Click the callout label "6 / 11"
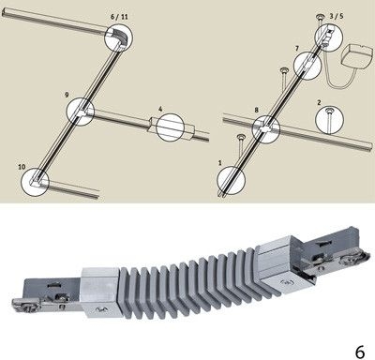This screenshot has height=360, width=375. [x=119, y=17]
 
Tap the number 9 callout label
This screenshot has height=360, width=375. [x=67, y=95]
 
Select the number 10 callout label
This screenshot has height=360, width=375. [x=22, y=167]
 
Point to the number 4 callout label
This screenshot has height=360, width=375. [x=160, y=109]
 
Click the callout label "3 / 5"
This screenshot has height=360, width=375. [x=337, y=16]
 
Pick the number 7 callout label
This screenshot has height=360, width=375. [x=297, y=49]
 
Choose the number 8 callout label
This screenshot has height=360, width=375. [x=257, y=110]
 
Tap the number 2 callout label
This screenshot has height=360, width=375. [x=319, y=102]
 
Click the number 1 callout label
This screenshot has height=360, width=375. [x=220, y=163]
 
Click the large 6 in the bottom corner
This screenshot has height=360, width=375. [x=360, y=352]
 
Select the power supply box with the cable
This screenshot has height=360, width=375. [x=358, y=57]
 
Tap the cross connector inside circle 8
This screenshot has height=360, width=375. [x=266, y=128]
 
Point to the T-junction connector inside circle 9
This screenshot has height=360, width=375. [x=82, y=112]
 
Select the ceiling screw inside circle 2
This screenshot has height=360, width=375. [x=329, y=118]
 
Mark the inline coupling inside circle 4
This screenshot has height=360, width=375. [x=172, y=126]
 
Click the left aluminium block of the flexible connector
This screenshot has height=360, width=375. [x=100, y=292]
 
